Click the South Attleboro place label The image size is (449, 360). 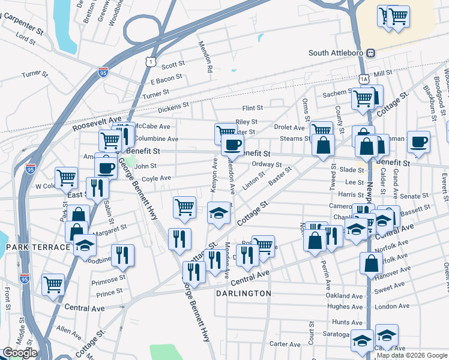click(336, 53)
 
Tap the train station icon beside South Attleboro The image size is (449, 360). click(371, 53)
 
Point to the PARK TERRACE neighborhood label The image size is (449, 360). click(38, 247)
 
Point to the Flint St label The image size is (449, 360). click(252, 108)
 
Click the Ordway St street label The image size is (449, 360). click(267, 164)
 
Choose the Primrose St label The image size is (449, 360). click(109, 278)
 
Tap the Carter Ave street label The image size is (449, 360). click(285, 344)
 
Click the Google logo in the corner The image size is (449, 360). click(20, 353)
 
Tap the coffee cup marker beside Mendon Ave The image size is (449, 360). click(232, 145)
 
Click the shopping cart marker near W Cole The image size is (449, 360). click(66, 177)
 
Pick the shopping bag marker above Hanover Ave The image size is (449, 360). click(372, 262)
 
